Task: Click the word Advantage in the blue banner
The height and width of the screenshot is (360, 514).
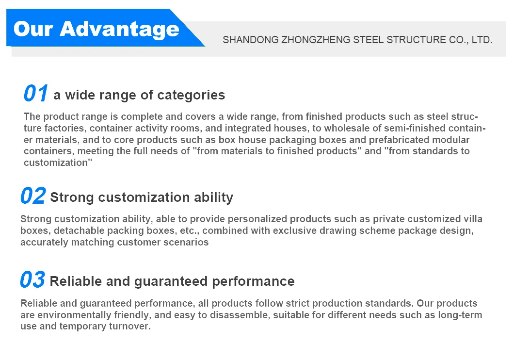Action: pos(119,30)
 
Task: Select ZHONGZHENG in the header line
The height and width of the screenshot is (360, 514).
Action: pos(316,40)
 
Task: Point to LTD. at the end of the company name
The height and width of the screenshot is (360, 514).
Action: pos(482,40)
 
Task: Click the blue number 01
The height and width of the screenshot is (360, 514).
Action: pos(36,94)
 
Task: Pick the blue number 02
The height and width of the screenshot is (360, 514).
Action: pos(33,196)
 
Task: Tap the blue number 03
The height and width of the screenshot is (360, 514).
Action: pos(32,279)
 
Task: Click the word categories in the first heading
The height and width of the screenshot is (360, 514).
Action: pos(191,96)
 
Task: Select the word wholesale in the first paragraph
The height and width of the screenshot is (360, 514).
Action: pos(350,128)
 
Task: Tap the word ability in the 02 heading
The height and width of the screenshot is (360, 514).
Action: pos(213,197)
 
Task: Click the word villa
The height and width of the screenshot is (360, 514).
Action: pos(473,219)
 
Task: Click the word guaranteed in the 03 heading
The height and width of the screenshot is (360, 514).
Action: pos(171,282)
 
